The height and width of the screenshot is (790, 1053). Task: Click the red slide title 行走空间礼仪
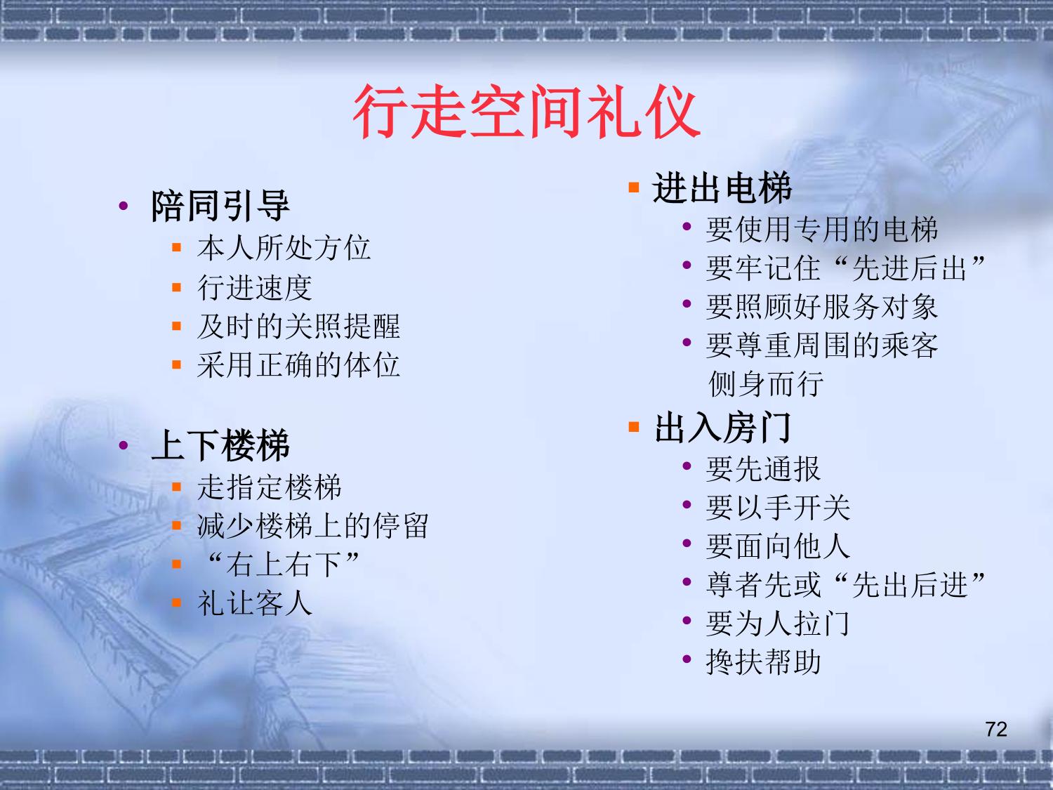[526, 112]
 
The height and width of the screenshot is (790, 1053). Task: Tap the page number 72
[996, 730]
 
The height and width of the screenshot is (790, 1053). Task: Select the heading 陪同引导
[220, 206]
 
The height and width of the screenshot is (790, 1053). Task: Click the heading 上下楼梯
[220, 445]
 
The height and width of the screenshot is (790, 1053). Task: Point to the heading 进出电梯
[722, 187]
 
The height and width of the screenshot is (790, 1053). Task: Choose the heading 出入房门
[723, 428]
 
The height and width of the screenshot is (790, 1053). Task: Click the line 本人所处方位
[284, 248]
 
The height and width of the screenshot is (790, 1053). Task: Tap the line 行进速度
[255, 287]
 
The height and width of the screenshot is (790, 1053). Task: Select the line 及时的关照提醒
[298, 326]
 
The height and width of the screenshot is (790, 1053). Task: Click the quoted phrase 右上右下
[284, 565]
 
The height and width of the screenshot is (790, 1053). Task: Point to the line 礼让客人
[255, 603]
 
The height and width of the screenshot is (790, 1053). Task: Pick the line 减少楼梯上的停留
[313, 526]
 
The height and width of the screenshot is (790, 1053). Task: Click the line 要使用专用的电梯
[822, 230]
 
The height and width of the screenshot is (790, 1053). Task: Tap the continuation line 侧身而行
[766, 383]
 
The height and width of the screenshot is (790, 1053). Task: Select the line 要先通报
[763, 468]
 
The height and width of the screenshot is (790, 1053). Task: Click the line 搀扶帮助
[763, 662]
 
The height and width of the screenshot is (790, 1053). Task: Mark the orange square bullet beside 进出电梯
[634, 187]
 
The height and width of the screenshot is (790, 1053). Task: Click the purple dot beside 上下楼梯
[124, 445]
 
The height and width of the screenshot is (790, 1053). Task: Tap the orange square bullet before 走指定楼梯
[176, 487]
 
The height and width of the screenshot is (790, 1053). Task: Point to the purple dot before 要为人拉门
[687, 620]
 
